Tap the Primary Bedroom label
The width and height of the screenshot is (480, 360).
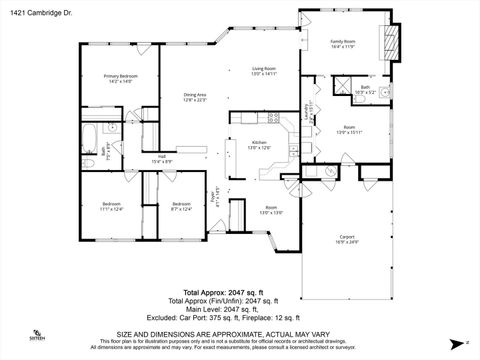pyautogui.click(x=121, y=78)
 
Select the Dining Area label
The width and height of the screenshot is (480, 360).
pyautogui.click(x=195, y=97)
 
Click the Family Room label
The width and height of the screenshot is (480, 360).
pyautogui.click(x=344, y=44)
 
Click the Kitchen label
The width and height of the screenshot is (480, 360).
pyautogui.click(x=258, y=144)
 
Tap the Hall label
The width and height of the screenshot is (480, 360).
pyautogui.click(x=161, y=159)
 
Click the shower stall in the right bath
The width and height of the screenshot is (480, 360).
pyautogui.click(x=343, y=89)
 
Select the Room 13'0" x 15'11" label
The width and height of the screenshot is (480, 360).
pyautogui.click(x=349, y=130)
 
